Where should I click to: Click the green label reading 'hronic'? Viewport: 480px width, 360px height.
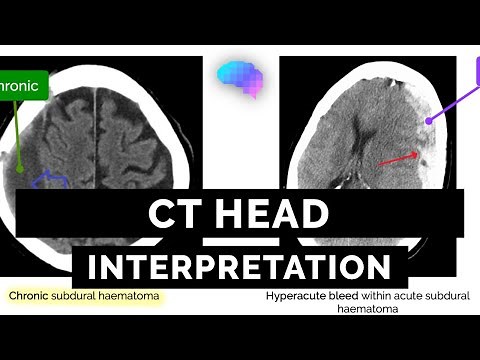click(21, 86)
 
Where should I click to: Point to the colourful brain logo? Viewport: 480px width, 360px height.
click(239, 77)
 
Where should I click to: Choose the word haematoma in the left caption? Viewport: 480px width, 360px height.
click(132, 297)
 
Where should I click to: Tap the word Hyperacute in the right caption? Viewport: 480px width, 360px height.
click(297, 297)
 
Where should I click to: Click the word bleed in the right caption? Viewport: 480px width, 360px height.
click(345, 297)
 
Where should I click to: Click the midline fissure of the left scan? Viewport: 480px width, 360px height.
click(95, 130)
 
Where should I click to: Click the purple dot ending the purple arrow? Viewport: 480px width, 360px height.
click(430, 120)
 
